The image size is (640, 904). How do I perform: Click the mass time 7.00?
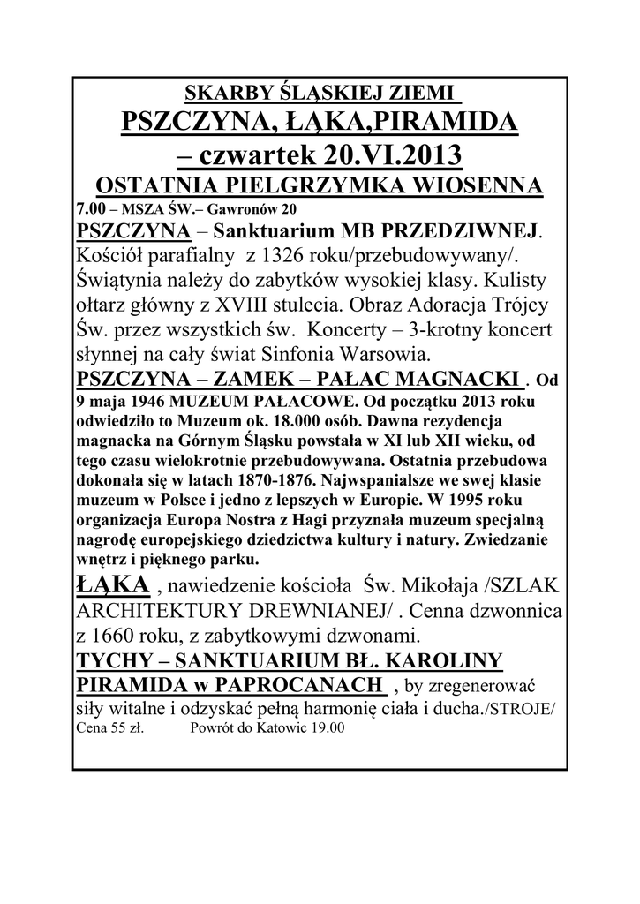[89, 209]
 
